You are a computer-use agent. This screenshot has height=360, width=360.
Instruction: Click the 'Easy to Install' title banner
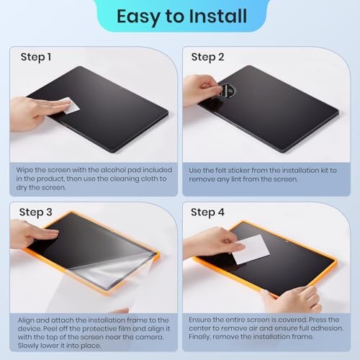click(180, 15)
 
